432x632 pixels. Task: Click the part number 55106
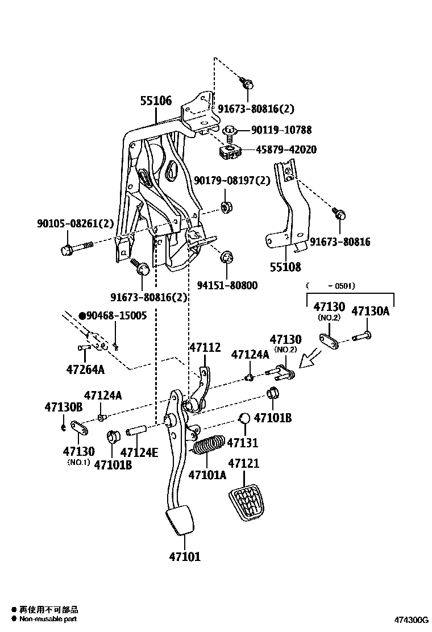click(x=156, y=101)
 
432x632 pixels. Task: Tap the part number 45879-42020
click(x=286, y=150)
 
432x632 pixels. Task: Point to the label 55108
click(x=285, y=267)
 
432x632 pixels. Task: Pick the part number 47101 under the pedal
click(x=185, y=557)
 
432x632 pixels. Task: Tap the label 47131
click(x=243, y=442)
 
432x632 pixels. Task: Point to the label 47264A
click(x=85, y=369)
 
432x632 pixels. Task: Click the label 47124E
click(x=139, y=452)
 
